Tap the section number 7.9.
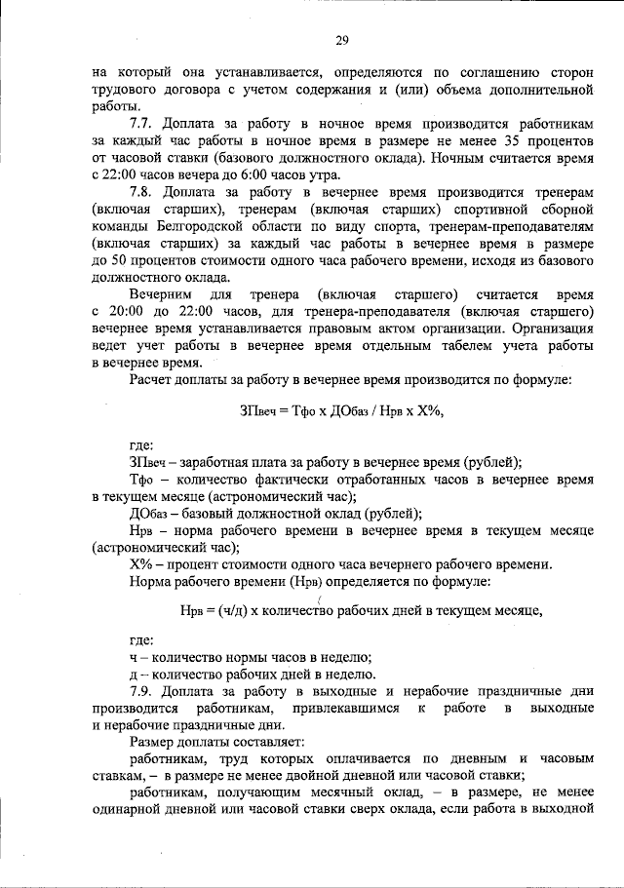(x=144, y=690)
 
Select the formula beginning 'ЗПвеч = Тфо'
(x=342, y=411)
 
